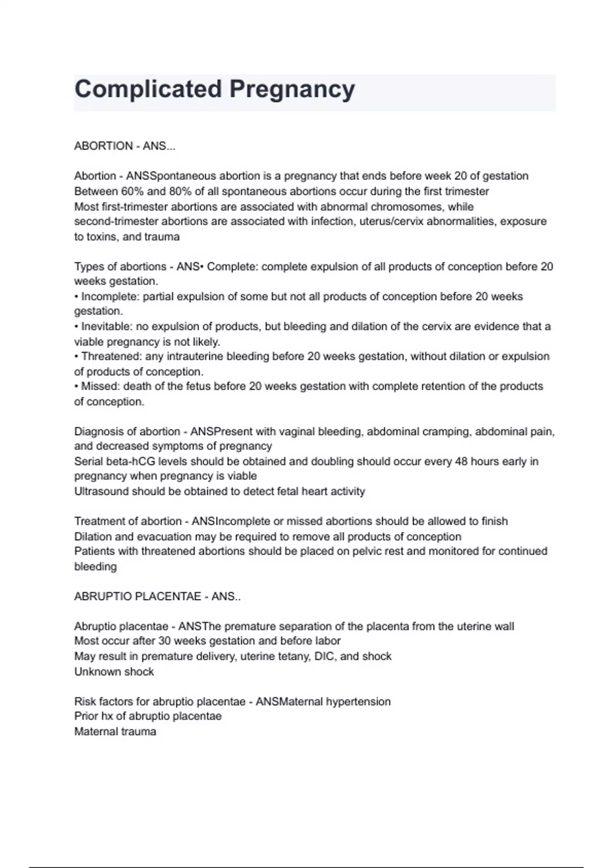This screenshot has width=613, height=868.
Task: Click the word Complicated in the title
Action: coord(148,89)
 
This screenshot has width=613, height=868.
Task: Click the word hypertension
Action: coord(358,702)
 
